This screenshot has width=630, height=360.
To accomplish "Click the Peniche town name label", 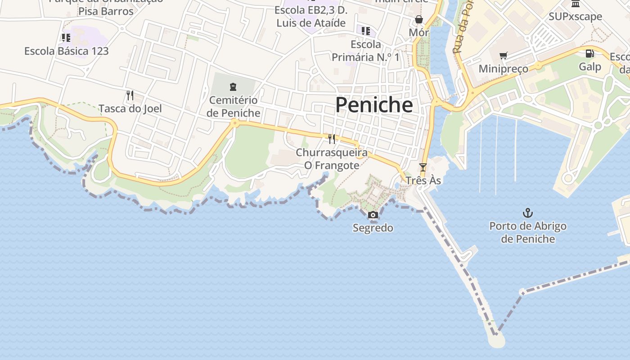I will [374, 105].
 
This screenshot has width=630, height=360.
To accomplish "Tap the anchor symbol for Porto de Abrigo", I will [527, 213].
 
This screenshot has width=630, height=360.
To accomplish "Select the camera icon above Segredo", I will [373, 215].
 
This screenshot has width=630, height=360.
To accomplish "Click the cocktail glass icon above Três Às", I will [423, 167].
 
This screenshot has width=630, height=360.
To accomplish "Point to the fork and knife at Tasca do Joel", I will [130, 95].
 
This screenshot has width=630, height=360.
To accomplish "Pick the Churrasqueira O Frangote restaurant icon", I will [332, 139].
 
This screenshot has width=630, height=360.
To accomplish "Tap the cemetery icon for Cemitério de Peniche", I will [233, 86].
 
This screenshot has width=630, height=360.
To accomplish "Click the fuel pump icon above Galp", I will [589, 54].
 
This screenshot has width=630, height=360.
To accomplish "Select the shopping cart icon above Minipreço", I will [503, 56].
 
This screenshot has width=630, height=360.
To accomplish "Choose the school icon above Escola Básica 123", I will [66, 38].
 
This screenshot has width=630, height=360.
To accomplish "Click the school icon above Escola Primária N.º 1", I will [366, 31].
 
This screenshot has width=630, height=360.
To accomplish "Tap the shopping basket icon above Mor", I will [419, 19].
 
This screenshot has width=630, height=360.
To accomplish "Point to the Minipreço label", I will [503, 69].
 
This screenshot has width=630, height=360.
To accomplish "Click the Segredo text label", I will [373, 228].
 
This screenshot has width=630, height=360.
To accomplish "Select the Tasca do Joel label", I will [130, 108].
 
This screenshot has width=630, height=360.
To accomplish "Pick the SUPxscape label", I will [575, 17].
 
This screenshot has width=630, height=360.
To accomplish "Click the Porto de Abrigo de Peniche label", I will [528, 232].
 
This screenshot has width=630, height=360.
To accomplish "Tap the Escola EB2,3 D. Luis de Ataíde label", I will [311, 16].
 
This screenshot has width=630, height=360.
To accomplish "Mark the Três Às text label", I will [423, 180].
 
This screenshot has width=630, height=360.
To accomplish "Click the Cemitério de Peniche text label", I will [233, 106].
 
